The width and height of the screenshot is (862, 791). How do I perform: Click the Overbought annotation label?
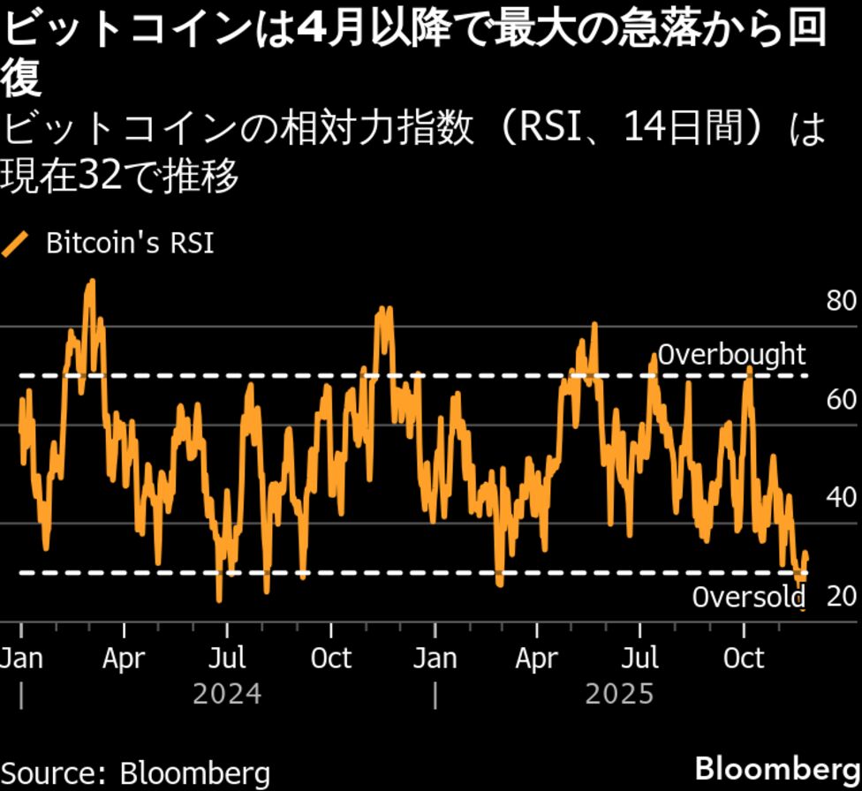click(732, 355)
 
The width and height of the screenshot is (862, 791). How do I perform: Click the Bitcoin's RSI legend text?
click(129, 244)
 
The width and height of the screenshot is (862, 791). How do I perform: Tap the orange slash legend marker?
click(16, 244)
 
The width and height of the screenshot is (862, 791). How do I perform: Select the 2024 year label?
click(227, 694)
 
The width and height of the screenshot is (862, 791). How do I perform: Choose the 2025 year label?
click(619, 694)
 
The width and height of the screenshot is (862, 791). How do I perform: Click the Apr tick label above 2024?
click(124, 659)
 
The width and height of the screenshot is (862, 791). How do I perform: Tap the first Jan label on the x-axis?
click(20, 659)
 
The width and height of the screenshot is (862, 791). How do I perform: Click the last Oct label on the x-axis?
click(744, 659)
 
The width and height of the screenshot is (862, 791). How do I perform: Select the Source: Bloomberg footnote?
click(135, 772)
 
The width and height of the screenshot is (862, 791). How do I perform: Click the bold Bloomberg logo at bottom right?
click(777, 767)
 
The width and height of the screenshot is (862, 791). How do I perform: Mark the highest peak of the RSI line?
click(91, 282)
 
